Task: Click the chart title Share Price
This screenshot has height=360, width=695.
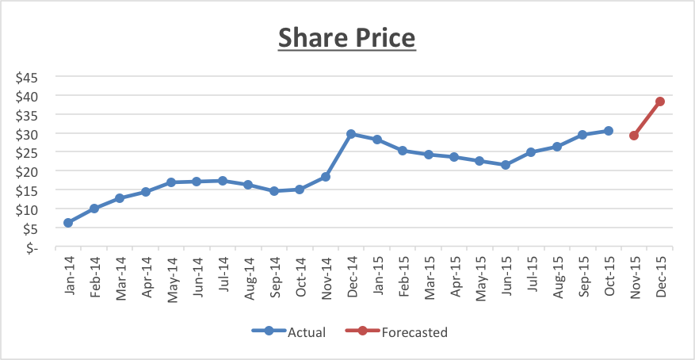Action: [347, 37]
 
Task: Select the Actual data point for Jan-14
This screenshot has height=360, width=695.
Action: [68, 223]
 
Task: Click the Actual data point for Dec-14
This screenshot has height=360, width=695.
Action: [351, 134]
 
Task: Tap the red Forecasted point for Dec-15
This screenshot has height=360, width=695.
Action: [659, 101]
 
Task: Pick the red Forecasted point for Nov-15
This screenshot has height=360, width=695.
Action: [634, 136]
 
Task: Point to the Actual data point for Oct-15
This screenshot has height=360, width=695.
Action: [609, 131]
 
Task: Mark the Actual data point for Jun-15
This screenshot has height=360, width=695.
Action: [506, 165]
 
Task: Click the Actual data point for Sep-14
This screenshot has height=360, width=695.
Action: [274, 191]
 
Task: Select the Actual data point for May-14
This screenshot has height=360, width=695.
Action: [171, 182]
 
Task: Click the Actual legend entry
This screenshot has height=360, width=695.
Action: [288, 332]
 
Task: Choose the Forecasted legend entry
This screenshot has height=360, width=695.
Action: [397, 332]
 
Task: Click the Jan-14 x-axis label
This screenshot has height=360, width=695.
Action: [68, 274]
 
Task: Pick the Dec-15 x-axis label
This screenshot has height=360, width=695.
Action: [660, 274]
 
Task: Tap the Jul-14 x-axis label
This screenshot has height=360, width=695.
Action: [223, 274]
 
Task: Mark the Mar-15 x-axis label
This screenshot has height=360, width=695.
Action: [428, 274]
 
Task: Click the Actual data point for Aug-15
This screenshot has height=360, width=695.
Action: [557, 147]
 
